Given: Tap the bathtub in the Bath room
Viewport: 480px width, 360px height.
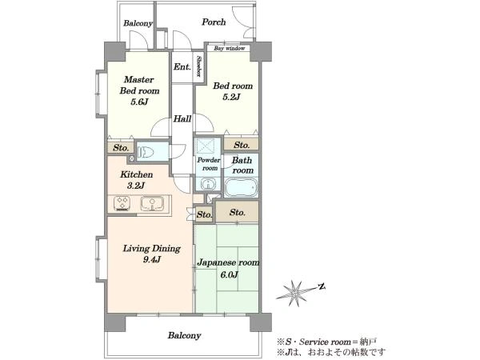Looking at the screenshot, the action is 241,187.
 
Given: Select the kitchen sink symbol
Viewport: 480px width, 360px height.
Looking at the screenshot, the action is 152,204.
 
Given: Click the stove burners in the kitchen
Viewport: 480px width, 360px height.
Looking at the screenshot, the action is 122,204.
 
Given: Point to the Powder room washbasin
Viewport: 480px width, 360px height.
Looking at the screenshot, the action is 208,185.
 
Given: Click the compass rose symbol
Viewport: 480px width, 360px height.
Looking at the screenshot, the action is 296,293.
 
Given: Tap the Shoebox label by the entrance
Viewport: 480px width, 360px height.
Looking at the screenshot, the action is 199,66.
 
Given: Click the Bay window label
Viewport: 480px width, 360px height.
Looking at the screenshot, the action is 230,48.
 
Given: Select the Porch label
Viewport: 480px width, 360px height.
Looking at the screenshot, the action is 214,22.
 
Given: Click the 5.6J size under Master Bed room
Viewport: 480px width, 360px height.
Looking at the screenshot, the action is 139,102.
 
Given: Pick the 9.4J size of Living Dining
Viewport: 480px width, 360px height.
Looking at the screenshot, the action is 152,259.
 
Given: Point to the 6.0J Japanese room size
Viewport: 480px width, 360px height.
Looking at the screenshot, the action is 229,274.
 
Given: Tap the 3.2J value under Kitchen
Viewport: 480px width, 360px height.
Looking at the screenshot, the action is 136,186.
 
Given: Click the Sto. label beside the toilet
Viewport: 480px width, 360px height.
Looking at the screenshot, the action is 121,148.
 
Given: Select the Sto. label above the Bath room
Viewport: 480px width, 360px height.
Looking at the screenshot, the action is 242,145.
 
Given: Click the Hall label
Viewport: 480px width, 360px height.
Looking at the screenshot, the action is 182,118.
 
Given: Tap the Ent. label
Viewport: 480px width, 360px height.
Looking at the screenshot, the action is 182,66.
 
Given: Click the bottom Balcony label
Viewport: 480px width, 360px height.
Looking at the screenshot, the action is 184,335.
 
